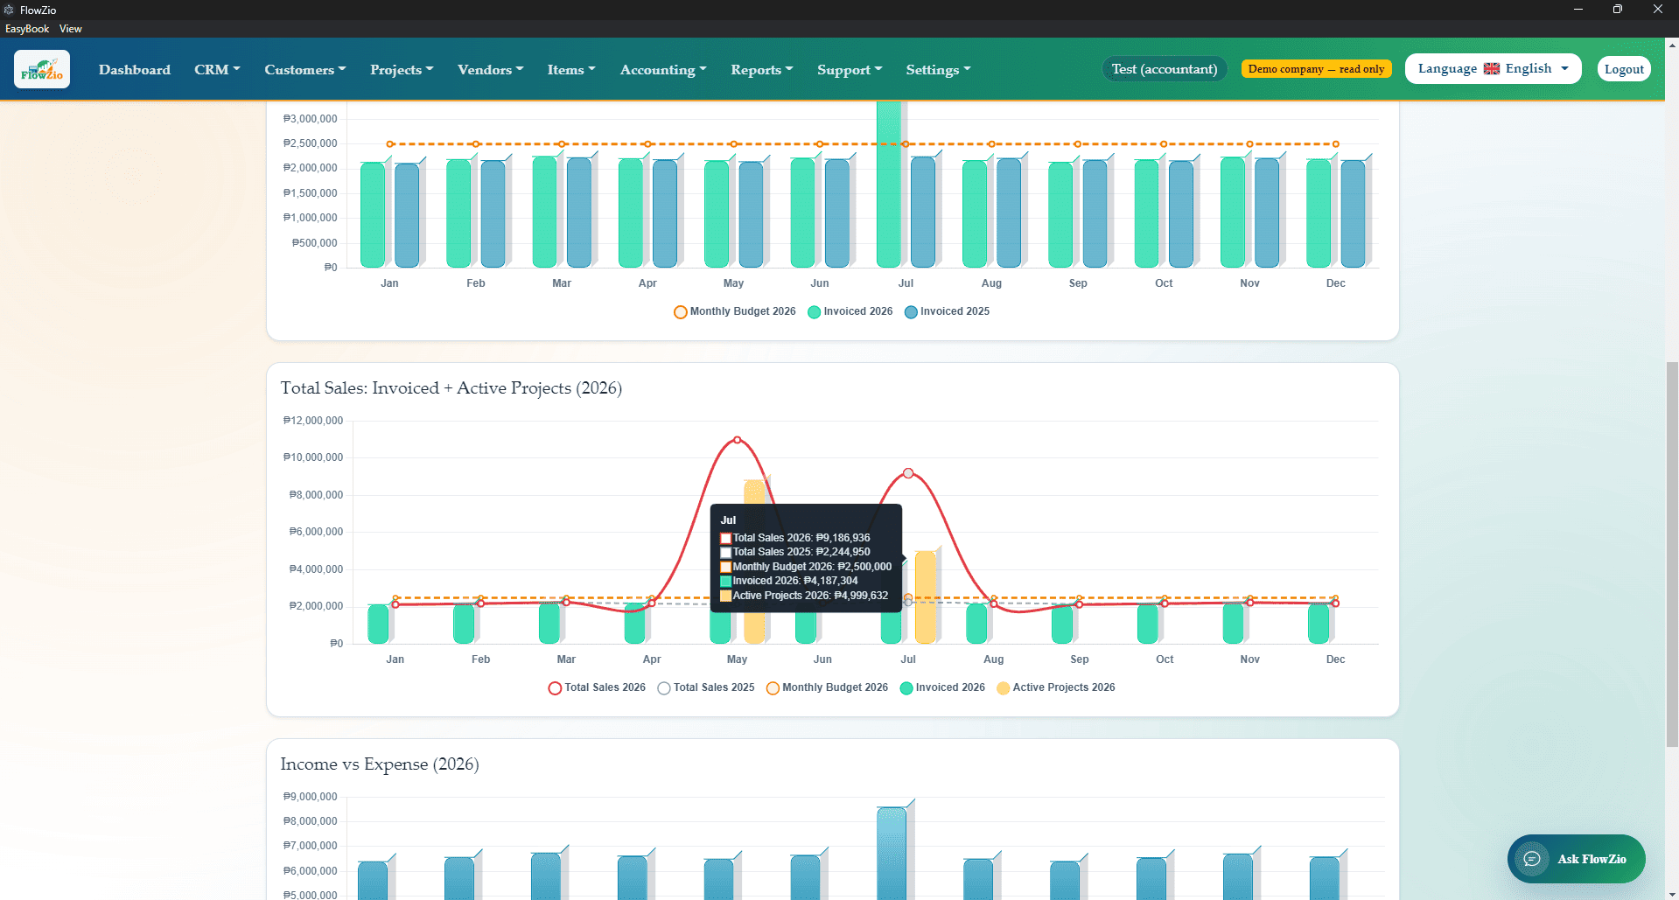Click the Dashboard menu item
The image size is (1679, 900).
135,69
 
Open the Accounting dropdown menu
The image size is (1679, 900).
663,69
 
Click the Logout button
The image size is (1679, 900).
1624,69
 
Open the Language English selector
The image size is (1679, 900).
1493,68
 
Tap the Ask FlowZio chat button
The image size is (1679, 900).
1576,859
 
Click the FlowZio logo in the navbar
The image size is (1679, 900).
42,69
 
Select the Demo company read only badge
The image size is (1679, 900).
1316,69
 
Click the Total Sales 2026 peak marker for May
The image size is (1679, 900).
738,440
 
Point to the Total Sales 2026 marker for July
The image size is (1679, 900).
908,473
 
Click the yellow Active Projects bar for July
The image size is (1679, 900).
925,597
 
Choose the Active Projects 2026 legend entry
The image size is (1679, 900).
1055,687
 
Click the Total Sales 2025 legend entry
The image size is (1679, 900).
706,687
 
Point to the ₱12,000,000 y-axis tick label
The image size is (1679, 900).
313,421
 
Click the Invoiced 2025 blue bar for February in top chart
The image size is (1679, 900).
493,213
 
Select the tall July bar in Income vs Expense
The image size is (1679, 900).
892,853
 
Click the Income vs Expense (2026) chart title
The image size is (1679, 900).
380,764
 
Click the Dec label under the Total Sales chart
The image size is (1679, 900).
1335,659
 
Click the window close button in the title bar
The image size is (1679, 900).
1658,10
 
